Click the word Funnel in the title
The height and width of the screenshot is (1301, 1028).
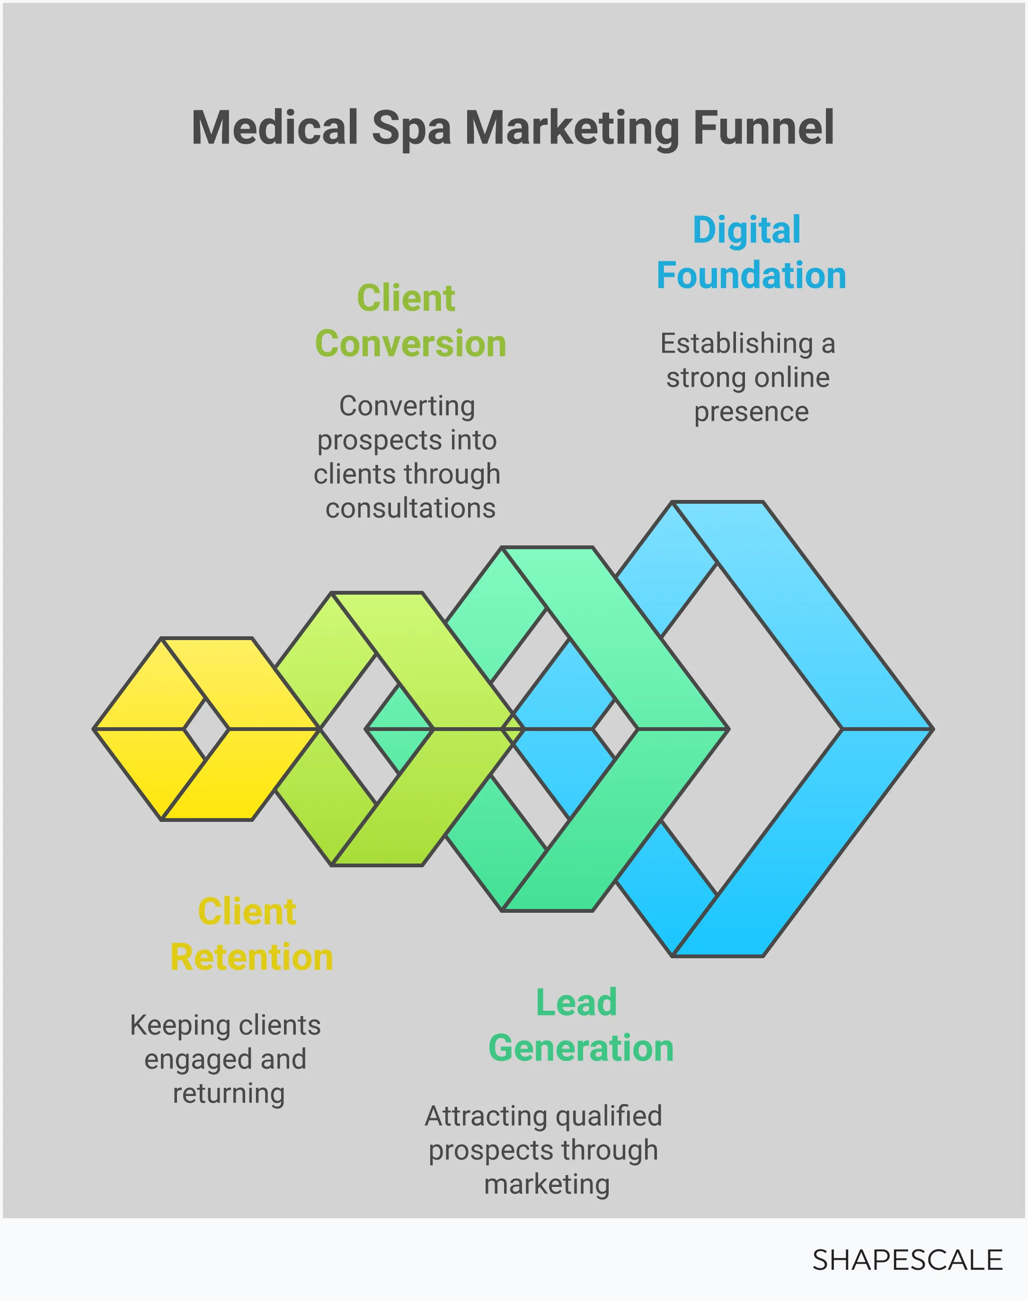pyautogui.click(x=763, y=128)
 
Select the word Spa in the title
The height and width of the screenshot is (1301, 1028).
pyautogui.click(x=411, y=129)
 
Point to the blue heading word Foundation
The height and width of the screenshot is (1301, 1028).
pyautogui.click(x=751, y=275)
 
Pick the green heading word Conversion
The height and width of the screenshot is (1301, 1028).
pyautogui.click(x=410, y=344)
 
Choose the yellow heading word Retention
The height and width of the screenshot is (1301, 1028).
pyautogui.click(x=252, y=957)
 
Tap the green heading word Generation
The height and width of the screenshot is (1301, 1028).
pyautogui.click(x=581, y=1048)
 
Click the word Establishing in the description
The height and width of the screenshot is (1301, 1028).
pyautogui.click(x=737, y=344)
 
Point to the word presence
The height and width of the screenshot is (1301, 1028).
pyautogui.click(x=751, y=412)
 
